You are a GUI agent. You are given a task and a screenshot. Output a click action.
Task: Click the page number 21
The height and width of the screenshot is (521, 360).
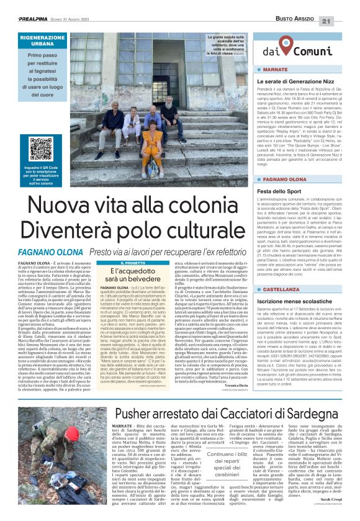coord(343,5)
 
